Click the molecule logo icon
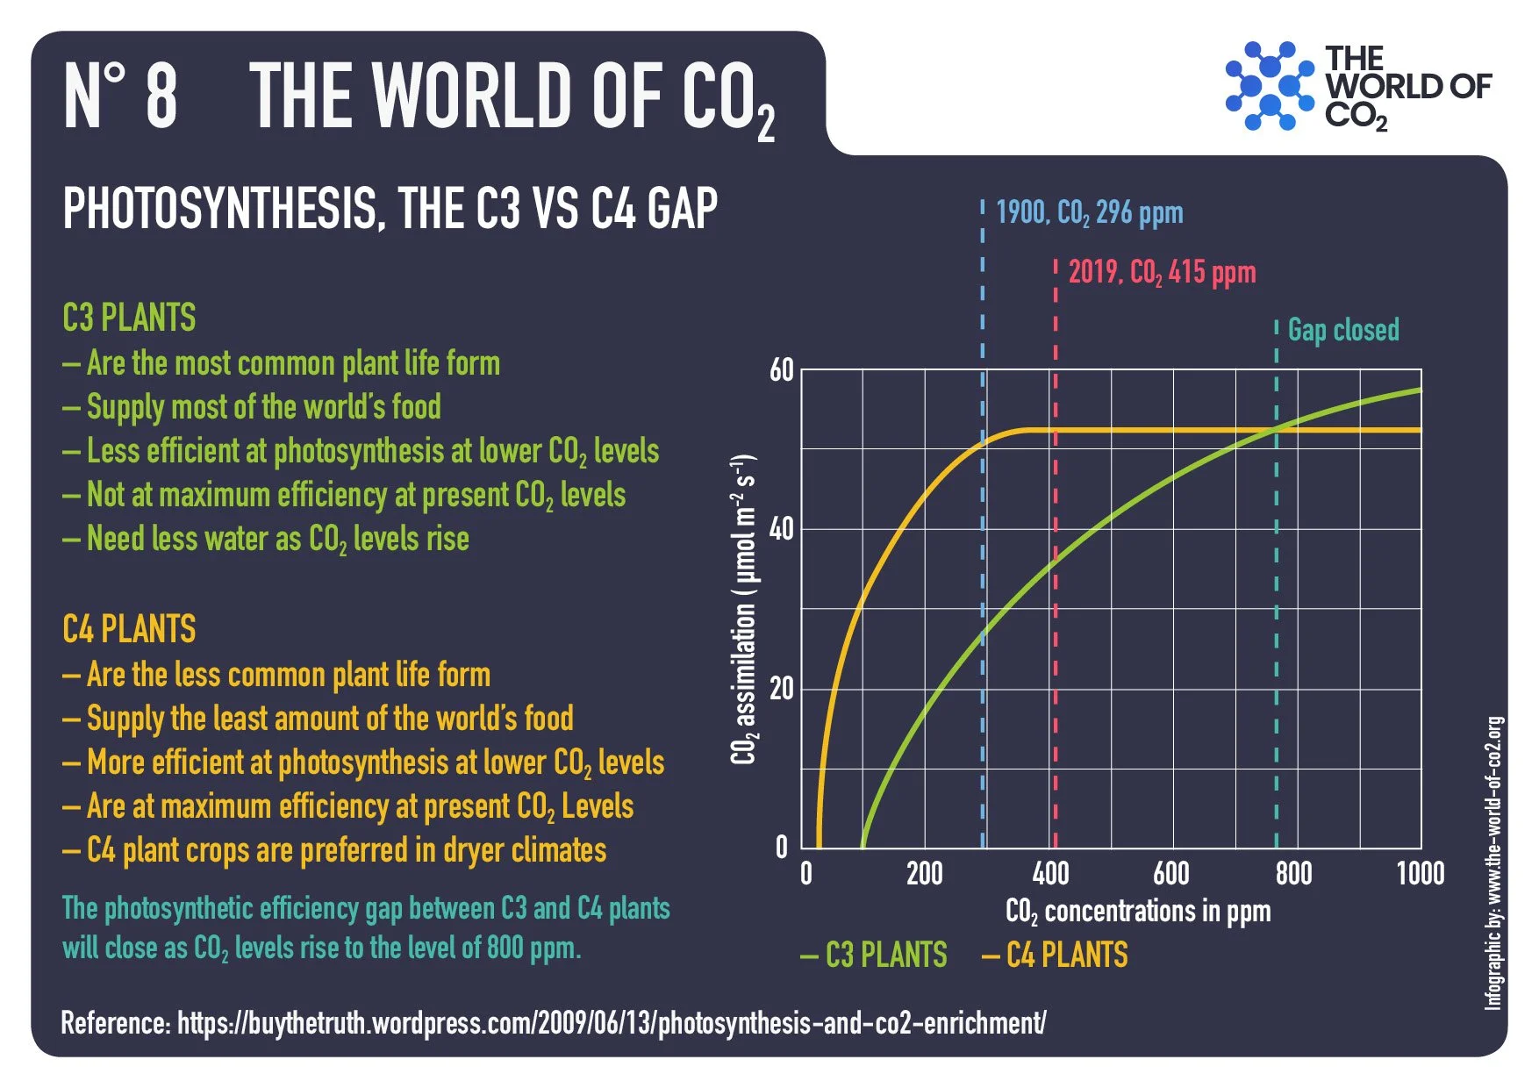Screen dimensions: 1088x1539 [1270, 86]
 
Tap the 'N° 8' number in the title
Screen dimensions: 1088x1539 [121, 96]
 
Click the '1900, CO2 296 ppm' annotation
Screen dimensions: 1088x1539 [1089, 212]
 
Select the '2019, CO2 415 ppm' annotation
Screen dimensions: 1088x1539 [1162, 272]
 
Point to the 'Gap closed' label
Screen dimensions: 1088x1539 [1342, 330]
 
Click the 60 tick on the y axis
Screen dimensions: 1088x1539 [781, 370]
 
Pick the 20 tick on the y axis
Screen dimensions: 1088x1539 [781, 689]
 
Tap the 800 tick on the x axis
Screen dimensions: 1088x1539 [1293, 873]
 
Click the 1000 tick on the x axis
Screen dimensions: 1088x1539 [1420, 873]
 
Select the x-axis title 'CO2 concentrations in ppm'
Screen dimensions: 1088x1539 [1137, 912]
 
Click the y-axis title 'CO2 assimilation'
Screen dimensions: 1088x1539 [744, 610]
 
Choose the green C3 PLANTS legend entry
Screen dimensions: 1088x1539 [874, 955]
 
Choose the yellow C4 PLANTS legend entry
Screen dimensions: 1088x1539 [1055, 955]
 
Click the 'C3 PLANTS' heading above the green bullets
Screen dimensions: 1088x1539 [129, 318]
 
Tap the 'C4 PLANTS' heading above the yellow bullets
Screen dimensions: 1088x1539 [129, 629]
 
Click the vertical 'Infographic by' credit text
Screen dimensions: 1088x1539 [1493, 863]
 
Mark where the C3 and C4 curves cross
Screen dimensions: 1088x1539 [1277, 429]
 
